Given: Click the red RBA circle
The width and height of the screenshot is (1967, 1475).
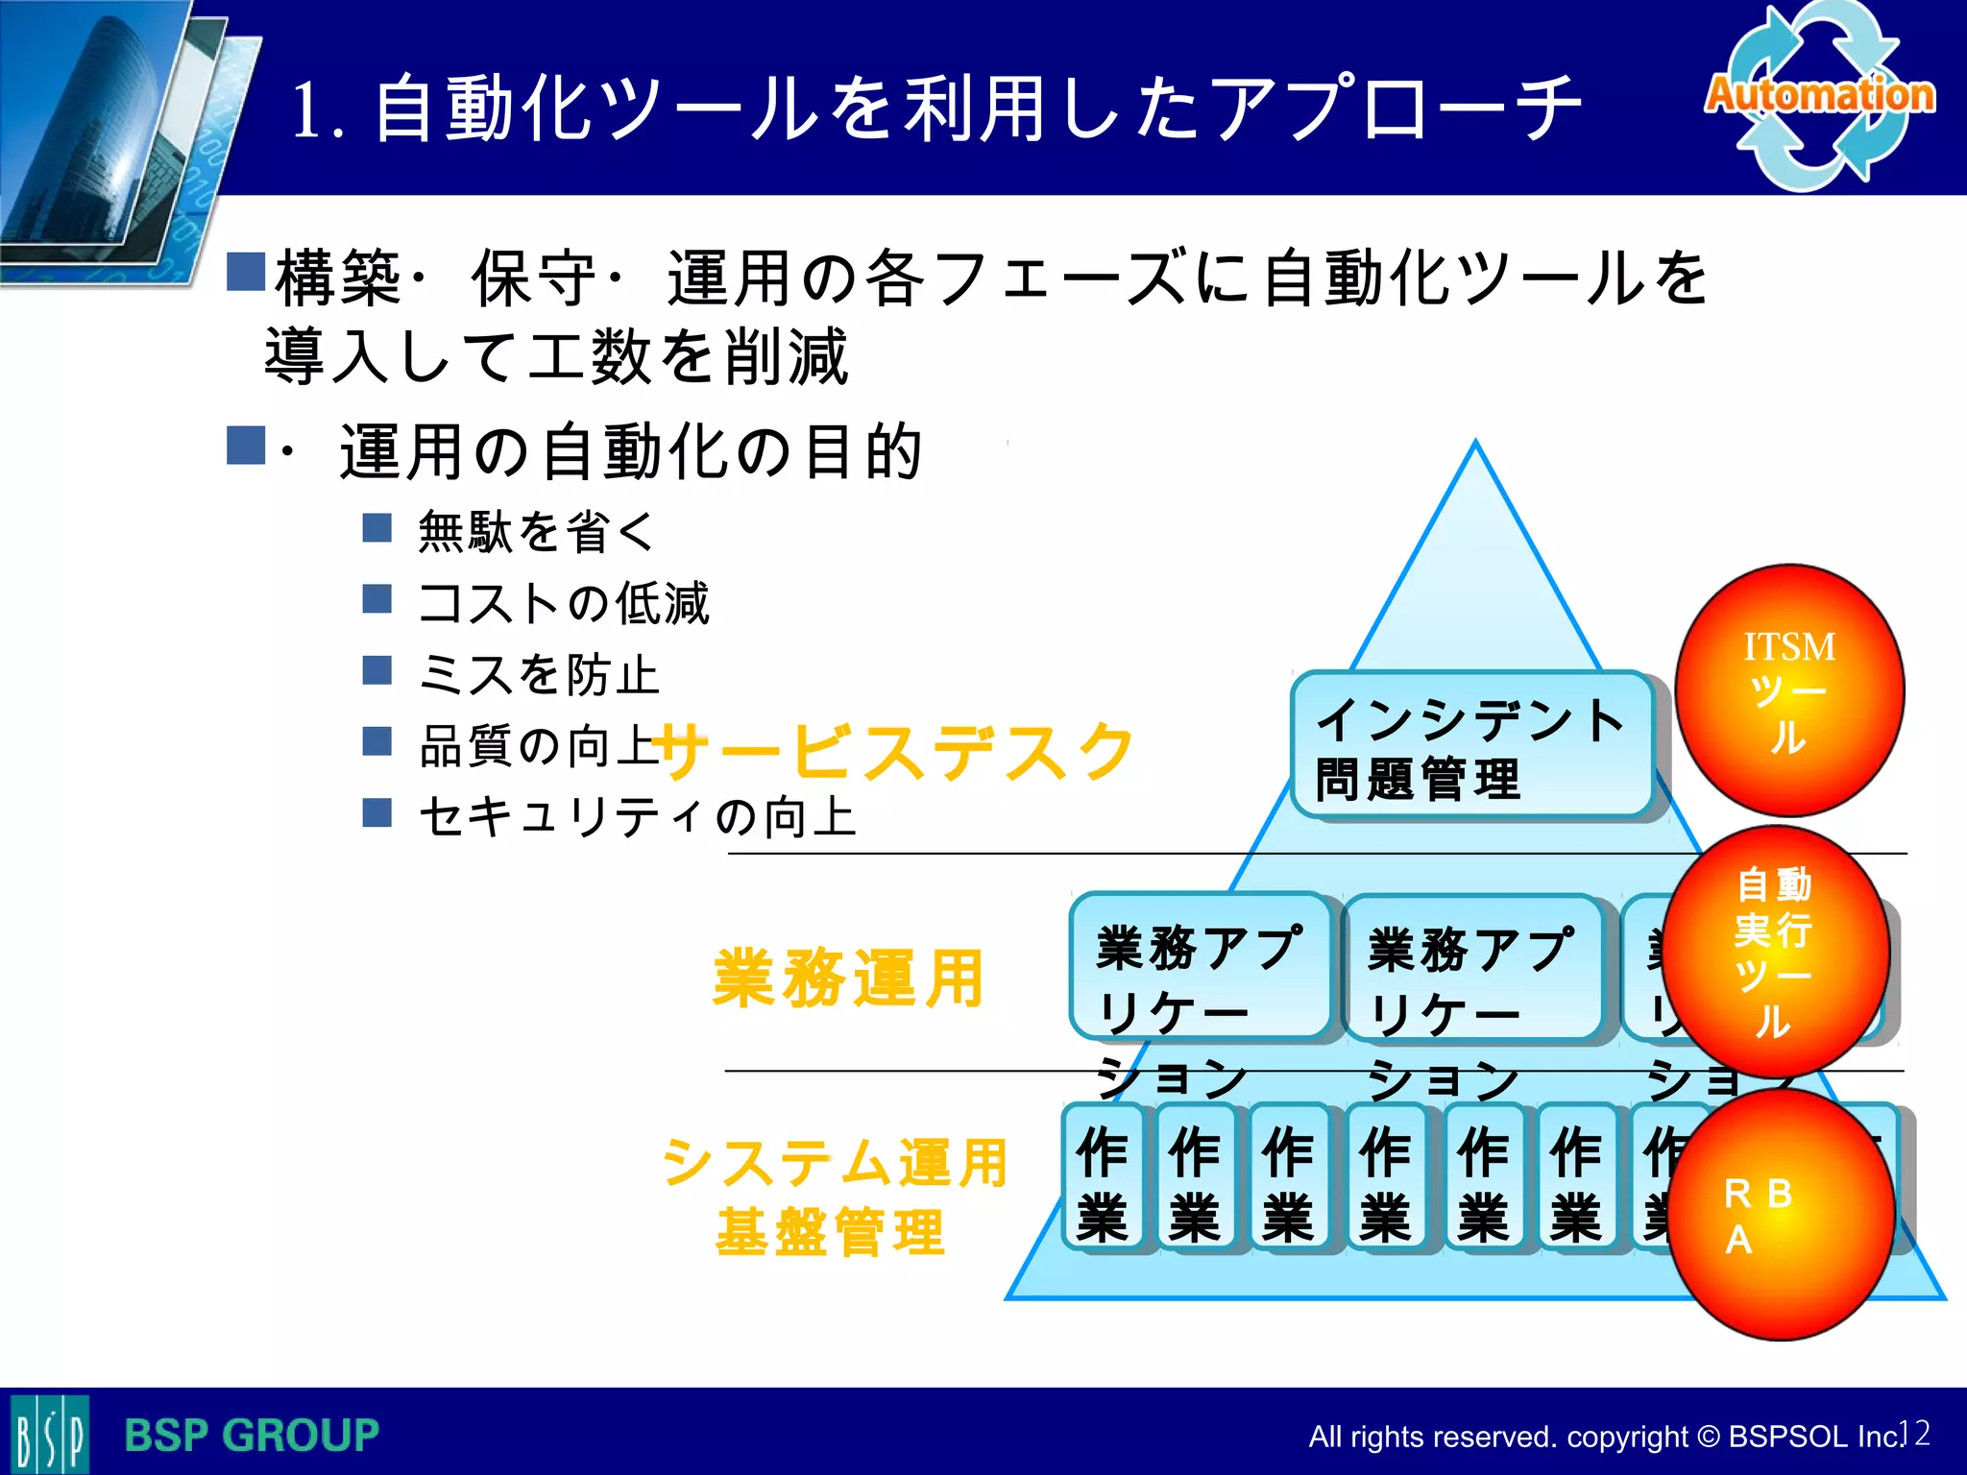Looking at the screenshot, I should click(x=1781, y=1216).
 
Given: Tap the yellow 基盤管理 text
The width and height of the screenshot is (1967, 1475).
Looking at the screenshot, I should click(x=831, y=1233).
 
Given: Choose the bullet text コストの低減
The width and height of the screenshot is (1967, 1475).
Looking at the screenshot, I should click(x=565, y=603).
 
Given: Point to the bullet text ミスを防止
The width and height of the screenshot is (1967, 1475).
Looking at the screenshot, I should click(x=540, y=674).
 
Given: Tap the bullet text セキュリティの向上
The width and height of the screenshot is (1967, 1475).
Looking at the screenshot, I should click(x=638, y=817).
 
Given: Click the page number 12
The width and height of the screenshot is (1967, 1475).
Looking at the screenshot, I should click(x=1915, y=1433).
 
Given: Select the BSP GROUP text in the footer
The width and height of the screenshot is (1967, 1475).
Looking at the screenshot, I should click(x=252, y=1436).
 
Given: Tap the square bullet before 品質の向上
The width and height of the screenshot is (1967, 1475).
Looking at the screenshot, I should click(x=377, y=741).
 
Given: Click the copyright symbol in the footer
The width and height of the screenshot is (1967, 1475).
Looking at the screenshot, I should click(x=1708, y=1438).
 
